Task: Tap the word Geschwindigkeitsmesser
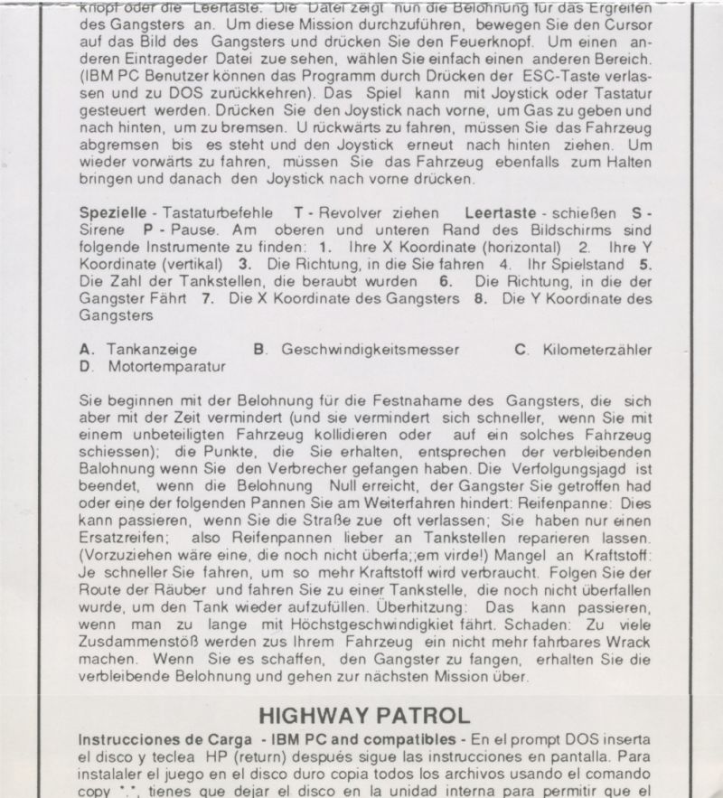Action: click(x=370, y=349)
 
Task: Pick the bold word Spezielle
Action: click(x=113, y=212)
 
